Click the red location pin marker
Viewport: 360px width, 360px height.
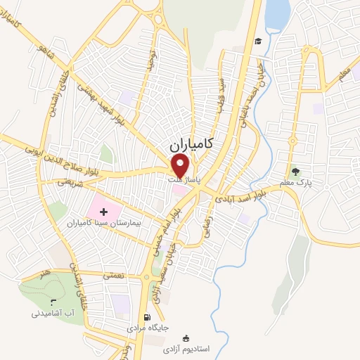181,166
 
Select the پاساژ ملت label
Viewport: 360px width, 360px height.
184,181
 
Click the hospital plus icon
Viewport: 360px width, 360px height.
103,210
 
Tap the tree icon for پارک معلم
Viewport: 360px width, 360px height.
295,171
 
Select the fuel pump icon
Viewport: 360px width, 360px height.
146,317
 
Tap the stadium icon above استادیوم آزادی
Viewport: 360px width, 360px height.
186,338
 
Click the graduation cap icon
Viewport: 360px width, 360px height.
258,41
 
